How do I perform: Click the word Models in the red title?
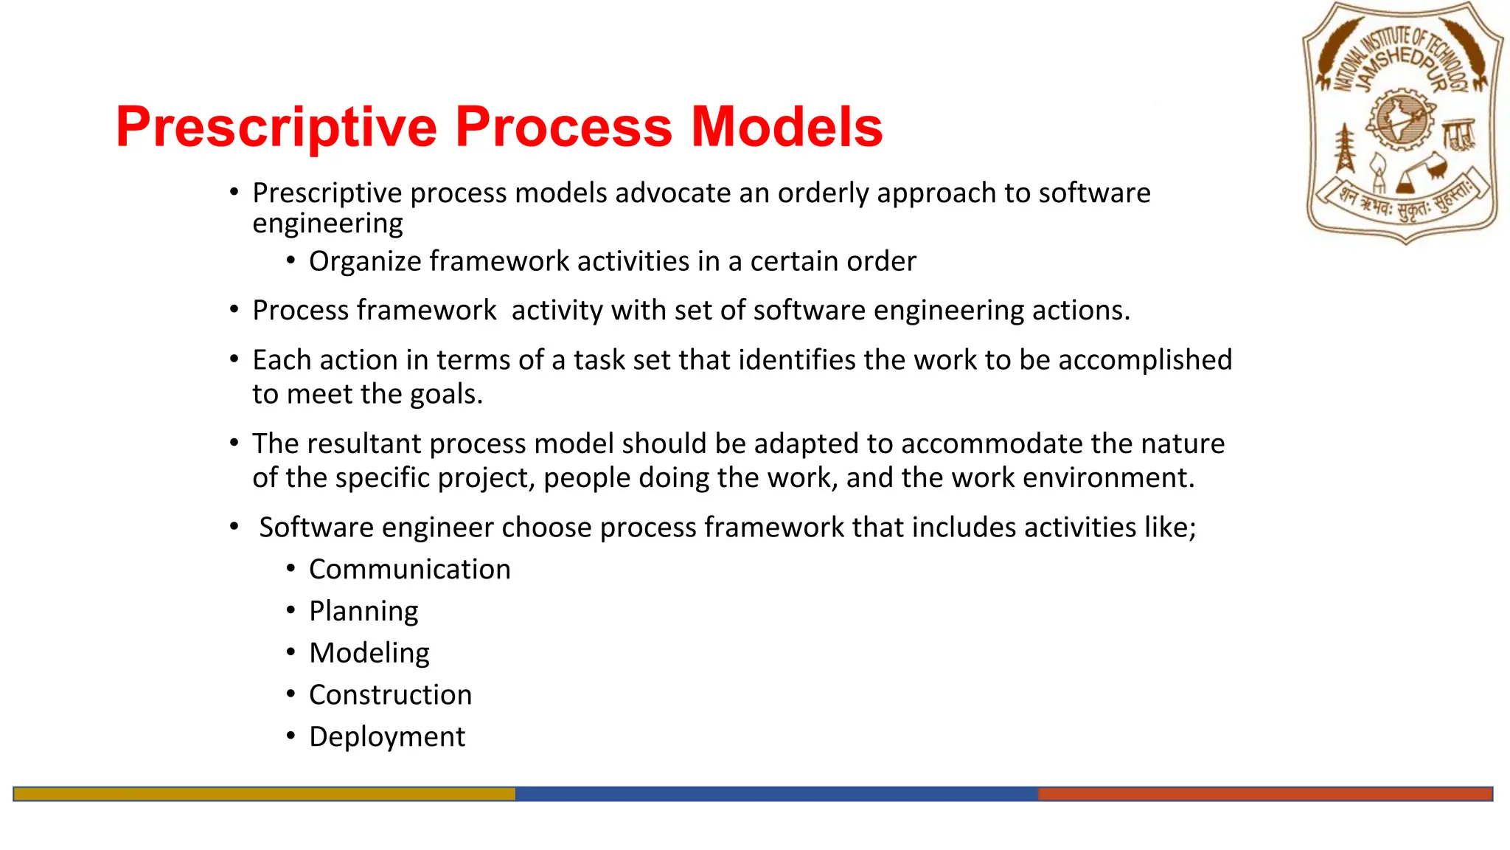tap(786, 127)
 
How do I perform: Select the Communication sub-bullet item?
tap(409, 570)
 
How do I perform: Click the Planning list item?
tap(363, 612)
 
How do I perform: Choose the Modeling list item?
tap(369, 654)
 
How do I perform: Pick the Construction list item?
tap(390, 695)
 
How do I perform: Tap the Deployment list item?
tap(387, 737)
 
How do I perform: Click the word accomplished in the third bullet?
tap(1144, 360)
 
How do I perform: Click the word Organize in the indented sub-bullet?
tap(365, 262)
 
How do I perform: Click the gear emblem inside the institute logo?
tap(1400, 120)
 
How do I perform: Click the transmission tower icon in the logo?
tap(1346, 148)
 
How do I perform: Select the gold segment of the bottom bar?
tap(264, 794)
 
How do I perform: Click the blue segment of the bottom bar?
tap(776, 794)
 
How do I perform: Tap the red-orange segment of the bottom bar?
tap(1264, 794)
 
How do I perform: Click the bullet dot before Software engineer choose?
tap(234, 527)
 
